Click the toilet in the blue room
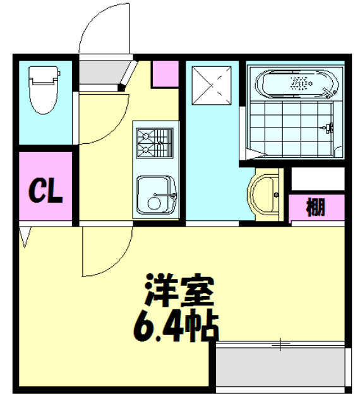click(44, 92)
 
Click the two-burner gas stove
click(153, 141)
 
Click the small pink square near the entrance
click(165, 74)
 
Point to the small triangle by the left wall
click(26, 236)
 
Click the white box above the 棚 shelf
click(317, 179)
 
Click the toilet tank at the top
click(44, 75)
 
